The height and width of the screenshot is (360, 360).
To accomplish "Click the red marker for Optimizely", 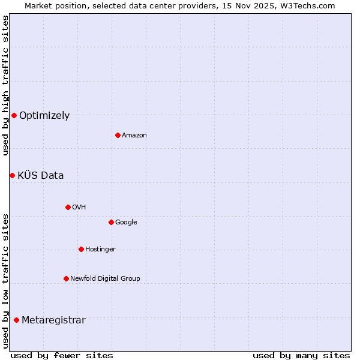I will [x=14, y=115].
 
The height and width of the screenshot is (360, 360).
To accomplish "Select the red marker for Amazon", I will [x=118, y=135].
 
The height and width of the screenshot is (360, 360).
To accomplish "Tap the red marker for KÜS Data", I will [x=12, y=175].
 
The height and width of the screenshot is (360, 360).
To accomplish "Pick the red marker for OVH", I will [x=68, y=207].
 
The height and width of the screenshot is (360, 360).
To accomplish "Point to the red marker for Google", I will [x=111, y=222].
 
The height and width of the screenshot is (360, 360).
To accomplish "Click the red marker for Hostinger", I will [x=81, y=249].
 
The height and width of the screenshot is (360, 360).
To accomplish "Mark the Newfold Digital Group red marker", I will [x=66, y=278].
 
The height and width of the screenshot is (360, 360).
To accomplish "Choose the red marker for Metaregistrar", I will [x=16, y=320].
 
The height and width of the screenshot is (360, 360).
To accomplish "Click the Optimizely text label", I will [x=44, y=116].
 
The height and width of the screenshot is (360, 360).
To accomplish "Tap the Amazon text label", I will [x=134, y=136].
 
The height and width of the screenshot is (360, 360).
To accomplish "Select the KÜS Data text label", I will [x=41, y=176].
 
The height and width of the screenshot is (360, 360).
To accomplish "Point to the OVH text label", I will [x=79, y=208].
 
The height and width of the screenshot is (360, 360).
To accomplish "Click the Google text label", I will [x=126, y=223].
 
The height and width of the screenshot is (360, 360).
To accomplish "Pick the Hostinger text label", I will [x=100, y=250].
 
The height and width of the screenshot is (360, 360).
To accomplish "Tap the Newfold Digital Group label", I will [x=105, y=279].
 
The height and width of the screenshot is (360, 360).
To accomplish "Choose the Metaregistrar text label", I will [x=53, y=320].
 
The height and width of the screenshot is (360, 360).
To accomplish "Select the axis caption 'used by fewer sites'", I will [x=62, y=355].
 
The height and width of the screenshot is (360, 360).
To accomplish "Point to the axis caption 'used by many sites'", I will [x=301, y=355].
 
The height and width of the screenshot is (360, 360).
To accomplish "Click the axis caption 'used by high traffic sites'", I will [x=5, y=85].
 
